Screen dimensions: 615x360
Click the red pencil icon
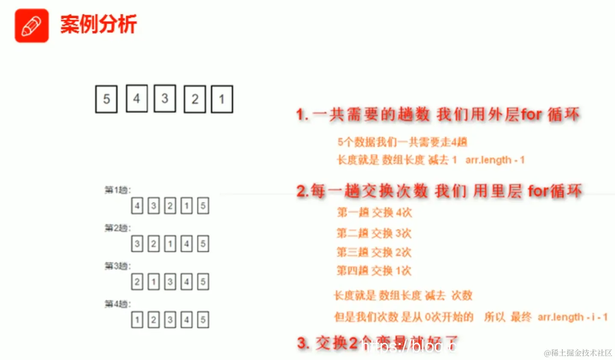[x=32, y=26]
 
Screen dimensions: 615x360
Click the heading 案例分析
[x=98, y=24]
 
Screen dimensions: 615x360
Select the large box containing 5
[x=106, y=99]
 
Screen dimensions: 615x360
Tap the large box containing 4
[x=136, y=98]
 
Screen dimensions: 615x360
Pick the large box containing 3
[x=165, y=98]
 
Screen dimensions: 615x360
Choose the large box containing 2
[x=195, y=99]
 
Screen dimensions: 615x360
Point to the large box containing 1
[x=222, y=99]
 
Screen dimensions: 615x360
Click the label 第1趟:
[x=118, y=190]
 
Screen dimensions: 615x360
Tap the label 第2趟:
[x=118, y=228]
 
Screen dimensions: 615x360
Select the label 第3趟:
[x=118, y=266]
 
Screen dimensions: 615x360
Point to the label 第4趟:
[x=118, y=304]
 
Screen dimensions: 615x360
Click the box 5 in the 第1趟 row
[x=203, y=206]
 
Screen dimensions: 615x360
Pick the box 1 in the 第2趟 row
[x=170, y=244]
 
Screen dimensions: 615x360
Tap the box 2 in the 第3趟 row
[x=137, y=282]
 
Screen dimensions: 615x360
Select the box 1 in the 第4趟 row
[x=137, y=320]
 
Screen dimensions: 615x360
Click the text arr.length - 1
[x=495, y=160]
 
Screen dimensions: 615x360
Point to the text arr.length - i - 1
[x=572, y=317]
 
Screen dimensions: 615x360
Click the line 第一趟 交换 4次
[x=374, y=212]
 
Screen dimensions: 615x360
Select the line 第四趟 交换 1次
[x=374, y=271]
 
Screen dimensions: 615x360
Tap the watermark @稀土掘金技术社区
[x=578, y=353]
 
